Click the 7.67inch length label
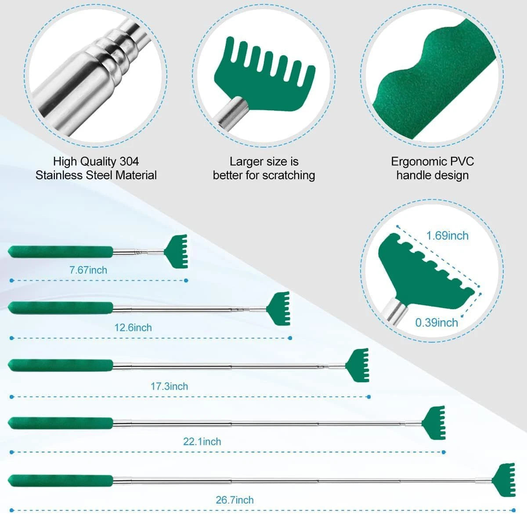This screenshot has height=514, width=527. (x=88, y=270)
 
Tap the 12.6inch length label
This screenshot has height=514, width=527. (x=133, y=328)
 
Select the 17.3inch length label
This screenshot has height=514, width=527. (x=169, y=387)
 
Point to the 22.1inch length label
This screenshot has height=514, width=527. (x=202, y=442)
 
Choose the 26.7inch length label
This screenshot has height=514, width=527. (x=235, y=500)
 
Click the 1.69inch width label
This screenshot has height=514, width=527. (x=448, y=236)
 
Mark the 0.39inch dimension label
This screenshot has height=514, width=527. (x=437, y=323)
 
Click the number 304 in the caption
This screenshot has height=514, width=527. (x=129, y=162)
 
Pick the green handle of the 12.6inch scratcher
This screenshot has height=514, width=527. (x=61, y=308)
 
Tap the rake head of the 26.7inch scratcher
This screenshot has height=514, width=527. (x=503, y=480)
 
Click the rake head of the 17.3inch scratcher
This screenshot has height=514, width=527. (x=357, y=365)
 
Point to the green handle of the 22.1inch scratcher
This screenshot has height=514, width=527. (x=61, y=424)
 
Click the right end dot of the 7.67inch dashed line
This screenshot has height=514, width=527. (x=186, y=281)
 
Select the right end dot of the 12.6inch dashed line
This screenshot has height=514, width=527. (x=290, y=338)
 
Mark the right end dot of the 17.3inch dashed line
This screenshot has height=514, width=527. (x=369, y=397)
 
